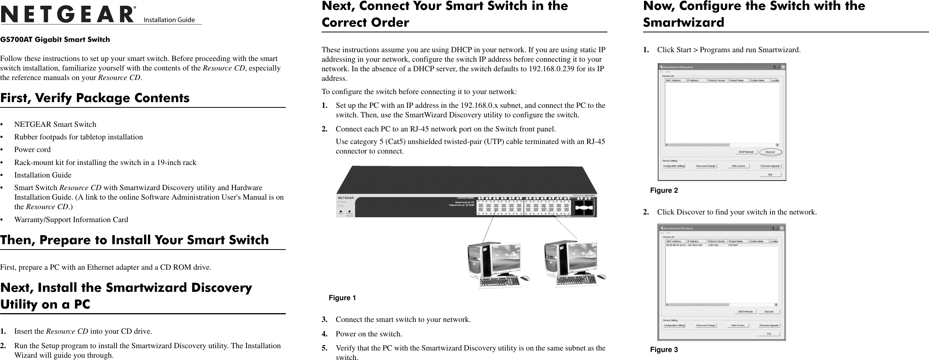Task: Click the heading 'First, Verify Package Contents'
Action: click(x=95, y=98)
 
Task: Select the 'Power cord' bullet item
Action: click(x=32, y=150)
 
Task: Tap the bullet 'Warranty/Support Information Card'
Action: click(x=71, y=220)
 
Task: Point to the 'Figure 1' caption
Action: click(x=342, y=298)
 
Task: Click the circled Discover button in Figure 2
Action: click(x=770, y=152)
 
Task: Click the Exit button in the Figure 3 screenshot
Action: click(x=769, y=334)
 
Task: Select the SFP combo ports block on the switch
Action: click(x=584, y=208)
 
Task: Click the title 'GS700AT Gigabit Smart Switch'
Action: click(x=55, y=40)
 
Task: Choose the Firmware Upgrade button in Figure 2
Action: click(x=770, y=166)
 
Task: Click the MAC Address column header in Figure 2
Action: click(x=673, y=80)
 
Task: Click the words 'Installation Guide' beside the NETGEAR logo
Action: click(x=169, y=20)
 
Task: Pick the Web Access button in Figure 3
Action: click(x=738, y=325)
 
